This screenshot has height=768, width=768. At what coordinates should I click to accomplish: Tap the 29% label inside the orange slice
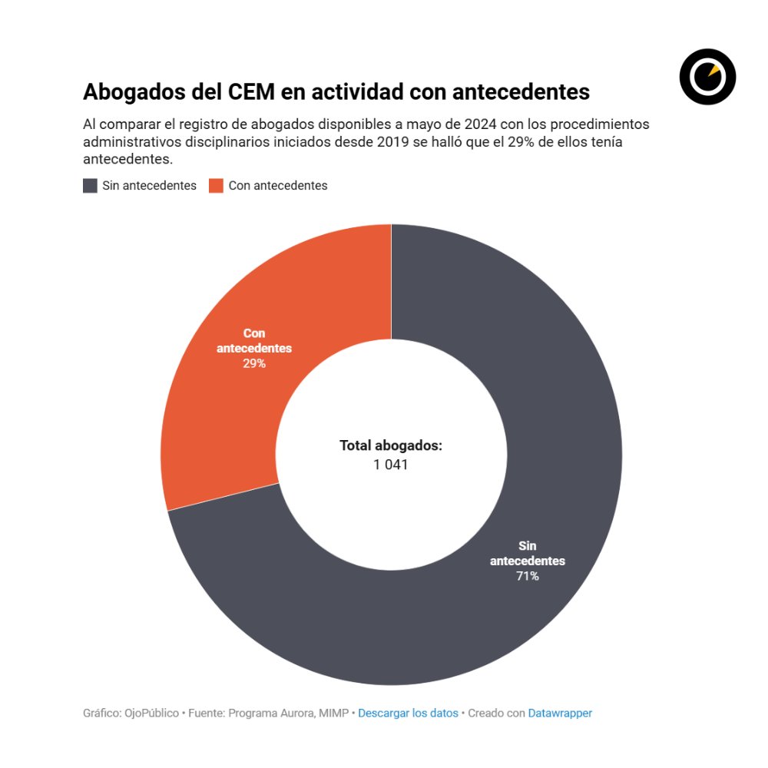coord(254,363)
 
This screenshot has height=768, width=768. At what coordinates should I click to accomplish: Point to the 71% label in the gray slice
coord(528,576)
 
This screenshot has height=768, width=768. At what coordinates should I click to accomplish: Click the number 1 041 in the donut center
coord(391,465)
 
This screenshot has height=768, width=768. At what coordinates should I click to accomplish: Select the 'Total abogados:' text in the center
coord(391,445)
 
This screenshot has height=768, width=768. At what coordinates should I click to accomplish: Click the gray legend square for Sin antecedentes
coord(90,186)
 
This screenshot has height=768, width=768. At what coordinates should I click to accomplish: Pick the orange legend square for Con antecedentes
coord(216,186)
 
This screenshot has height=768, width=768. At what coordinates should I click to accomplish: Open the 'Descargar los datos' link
coord(408,713)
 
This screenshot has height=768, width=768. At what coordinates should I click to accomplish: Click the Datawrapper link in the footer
coord(560,713)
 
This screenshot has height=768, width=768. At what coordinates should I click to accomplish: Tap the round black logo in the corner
coord(707,76)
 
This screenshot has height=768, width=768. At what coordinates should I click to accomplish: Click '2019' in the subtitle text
coord(399,142)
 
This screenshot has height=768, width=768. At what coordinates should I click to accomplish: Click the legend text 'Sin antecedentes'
coord(149,186)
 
